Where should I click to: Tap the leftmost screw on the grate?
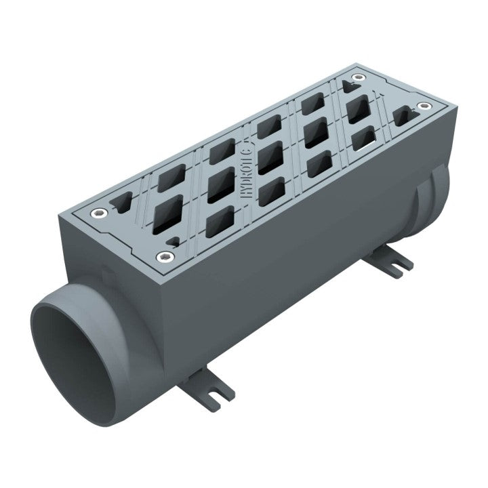100,214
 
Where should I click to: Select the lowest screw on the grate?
164,256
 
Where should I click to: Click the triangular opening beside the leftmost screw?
123,201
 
